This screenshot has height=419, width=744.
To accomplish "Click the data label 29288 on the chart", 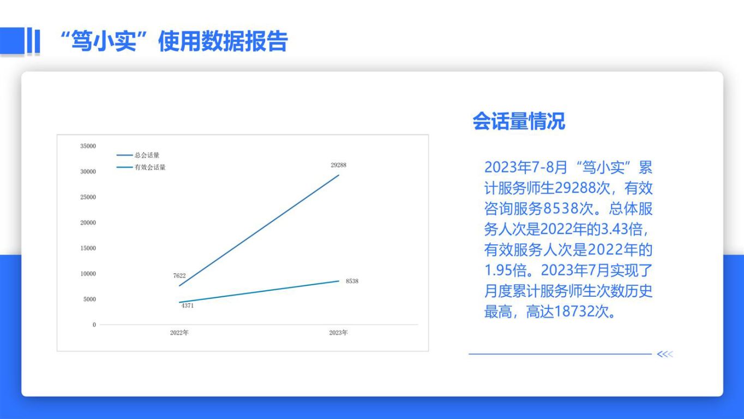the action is coord(338,165).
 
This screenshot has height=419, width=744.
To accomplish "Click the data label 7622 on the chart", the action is coord(179,276).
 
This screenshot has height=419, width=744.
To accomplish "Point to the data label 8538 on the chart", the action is coord(352,281).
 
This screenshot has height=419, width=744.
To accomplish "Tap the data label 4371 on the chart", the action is coord(187,306).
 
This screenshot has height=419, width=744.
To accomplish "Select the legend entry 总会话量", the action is coord(138,155).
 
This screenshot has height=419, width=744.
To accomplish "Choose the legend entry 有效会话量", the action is coord(141,167).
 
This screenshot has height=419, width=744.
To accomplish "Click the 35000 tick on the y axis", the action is coord(88,146).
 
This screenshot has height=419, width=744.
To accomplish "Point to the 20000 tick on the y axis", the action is coord(88,223).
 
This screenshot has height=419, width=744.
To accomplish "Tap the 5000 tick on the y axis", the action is coord(89,299).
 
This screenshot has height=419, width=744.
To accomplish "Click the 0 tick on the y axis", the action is coord(94,325).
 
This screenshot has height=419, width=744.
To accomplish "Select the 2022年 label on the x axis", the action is coord(179,333).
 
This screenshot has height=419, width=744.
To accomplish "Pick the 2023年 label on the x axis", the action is coord(338,333).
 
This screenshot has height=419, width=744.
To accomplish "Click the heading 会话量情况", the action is coord(519,121).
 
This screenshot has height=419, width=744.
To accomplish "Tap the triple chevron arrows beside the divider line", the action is coord(665,354).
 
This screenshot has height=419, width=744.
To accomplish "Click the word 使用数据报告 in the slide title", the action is coord(223,41).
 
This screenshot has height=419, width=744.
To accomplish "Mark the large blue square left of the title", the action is coord(13,40).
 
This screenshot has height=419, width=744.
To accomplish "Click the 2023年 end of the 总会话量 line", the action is coord(339,175).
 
